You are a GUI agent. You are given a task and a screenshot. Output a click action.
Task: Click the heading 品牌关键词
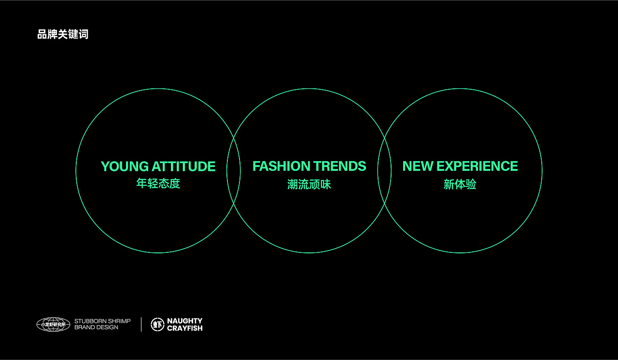coord(63,34)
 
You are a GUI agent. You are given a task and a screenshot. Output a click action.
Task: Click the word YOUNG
coord(125,166)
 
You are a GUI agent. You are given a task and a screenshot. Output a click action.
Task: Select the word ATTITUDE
coord(184,166)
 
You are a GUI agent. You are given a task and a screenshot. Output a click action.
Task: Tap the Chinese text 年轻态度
coord(158,183)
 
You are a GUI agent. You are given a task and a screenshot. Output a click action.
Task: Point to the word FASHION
coord(281,166)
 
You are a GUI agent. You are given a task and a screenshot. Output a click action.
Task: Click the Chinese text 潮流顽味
coord(309,184)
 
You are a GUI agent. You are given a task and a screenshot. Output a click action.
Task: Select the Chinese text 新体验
coord(460,184)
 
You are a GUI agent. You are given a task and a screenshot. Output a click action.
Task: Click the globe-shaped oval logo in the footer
coord(53,324)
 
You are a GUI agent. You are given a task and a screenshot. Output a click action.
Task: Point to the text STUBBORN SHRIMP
coord(102,321)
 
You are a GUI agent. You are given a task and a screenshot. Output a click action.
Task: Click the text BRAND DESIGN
coord(96,327)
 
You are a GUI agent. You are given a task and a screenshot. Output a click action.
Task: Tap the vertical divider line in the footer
coord(141,324)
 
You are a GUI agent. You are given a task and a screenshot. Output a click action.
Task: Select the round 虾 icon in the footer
coord(157,324)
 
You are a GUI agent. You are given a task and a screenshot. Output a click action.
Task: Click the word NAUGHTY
coord(185,321)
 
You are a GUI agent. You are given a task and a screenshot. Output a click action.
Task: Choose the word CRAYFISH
coord(185,328)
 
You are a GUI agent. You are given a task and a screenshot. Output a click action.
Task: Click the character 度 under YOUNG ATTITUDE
coord(175,183)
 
